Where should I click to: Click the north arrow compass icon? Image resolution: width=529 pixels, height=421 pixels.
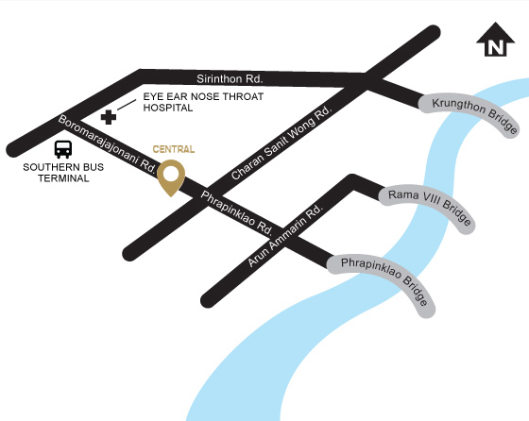494,42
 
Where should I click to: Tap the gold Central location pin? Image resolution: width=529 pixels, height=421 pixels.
171,177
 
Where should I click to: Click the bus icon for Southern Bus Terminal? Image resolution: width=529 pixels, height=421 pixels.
63,148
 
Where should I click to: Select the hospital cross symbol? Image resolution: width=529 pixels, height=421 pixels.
110,117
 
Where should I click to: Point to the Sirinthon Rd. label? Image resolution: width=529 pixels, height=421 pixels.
230,78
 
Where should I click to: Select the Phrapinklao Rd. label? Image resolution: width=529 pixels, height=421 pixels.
237,213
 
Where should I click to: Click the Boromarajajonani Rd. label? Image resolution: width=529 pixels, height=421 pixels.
107,143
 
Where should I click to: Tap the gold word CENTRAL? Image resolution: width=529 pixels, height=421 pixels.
174,149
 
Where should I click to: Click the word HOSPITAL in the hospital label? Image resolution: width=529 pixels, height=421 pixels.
168,108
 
